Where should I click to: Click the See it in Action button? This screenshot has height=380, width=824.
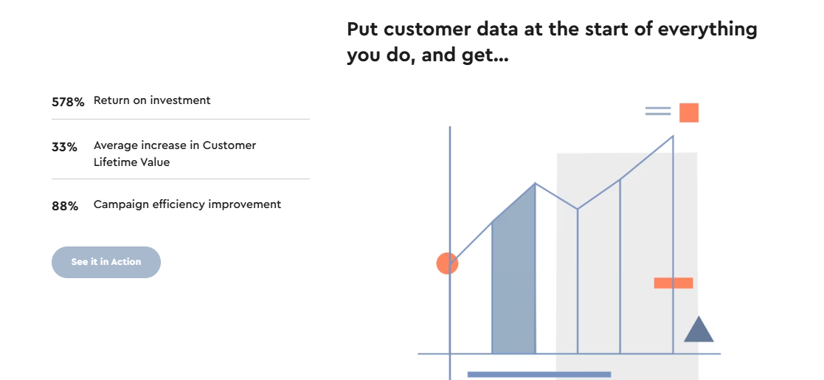pyautogui.click(x=106, y=262)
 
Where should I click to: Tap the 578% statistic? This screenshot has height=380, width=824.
pyautogui.click(x=68, y=102)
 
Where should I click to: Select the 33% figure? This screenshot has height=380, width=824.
pyautogui.click(x=64, y=147)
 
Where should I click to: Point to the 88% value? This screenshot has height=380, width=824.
pyautogui.click(x=65, y=207)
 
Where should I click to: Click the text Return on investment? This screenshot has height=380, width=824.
pyautogui.click(x=152, y=100)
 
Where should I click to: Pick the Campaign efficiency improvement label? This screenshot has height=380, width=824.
pyautogui.click(x=187, y=204)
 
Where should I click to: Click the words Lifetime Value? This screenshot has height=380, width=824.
pyautogui.click(x=131, y=162)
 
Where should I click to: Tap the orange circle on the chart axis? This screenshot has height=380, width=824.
pyautogui.click(x=447, y=263)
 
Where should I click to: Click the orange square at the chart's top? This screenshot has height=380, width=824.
pyautogui.click(x=689, y=113)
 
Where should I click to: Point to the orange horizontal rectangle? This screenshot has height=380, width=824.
pyautogui.click(x=674, y=283)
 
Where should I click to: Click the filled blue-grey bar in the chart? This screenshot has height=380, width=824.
pyautogui.click(x=514, y=279)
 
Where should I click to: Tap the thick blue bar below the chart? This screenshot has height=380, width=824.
pyautogui.click(x=539, y=375)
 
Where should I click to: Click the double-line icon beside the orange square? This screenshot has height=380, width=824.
pyautogui.click(x=658, y=111)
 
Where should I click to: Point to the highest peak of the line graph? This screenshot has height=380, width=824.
pyautogui.click(x=674, y=136)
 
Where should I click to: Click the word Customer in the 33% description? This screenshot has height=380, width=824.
pyautogui.click(x=229, y=145)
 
